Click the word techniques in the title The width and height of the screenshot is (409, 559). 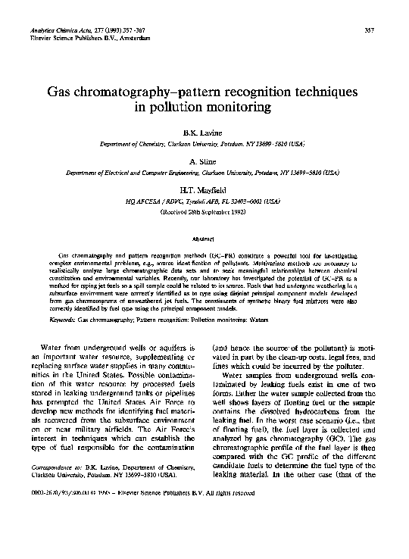[x=320, y=90]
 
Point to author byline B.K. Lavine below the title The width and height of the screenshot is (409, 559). [x=204, y=133]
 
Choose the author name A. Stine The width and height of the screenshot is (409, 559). [x=204, y=161]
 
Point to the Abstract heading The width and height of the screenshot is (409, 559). [x=204, y=237]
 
